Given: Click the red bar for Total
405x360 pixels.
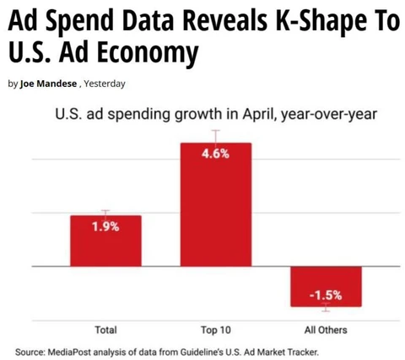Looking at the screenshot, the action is [105, 241].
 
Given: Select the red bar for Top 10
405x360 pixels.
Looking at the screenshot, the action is [216, 205].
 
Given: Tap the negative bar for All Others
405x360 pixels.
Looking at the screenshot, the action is [326, 287].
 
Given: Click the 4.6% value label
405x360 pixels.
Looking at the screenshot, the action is [215, 153].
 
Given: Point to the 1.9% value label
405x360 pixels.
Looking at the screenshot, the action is [105, 226].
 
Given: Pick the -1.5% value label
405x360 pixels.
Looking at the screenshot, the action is [326, 295].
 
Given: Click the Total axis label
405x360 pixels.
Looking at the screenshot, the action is [105, 330].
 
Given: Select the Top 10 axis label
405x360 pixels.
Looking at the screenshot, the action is [216, 330].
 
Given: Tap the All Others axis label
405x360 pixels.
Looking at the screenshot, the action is [326, 330].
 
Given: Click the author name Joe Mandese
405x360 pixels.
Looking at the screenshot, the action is [48, 83].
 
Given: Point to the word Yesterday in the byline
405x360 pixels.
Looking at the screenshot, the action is [105, 83].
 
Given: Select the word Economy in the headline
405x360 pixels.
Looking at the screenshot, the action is [148, 52].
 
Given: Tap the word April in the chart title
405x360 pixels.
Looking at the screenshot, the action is [258, 115].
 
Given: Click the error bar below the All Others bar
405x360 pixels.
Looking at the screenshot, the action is [326, 307].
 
